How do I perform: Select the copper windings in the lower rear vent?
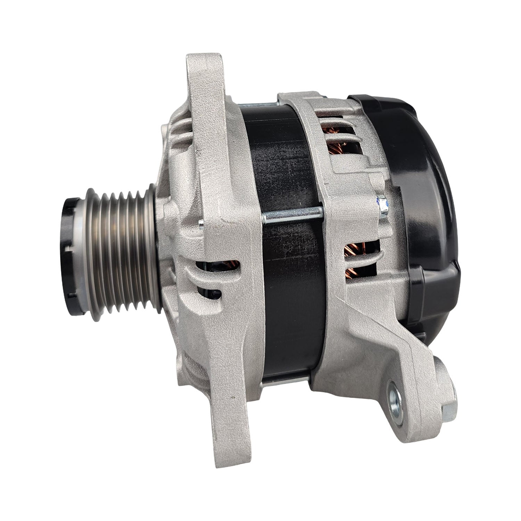pos(361,259)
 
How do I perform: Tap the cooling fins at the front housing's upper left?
pos(181,132)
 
